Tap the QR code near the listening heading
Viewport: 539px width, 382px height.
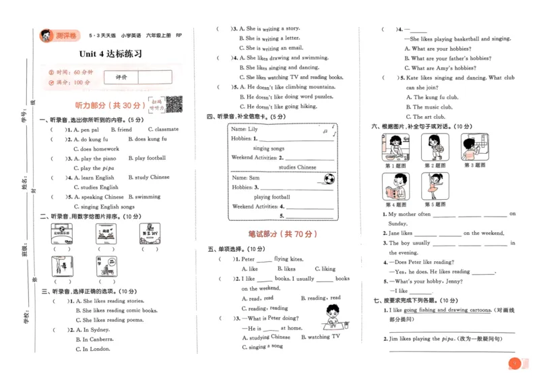[x=175, y=104]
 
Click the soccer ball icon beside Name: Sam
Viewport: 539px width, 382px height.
[x=329, y=180]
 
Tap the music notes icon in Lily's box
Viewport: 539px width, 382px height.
[x=327, y=130]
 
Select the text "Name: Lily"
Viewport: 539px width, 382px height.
[x=244, y=129]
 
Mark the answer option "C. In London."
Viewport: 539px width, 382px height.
[x=92, y=350]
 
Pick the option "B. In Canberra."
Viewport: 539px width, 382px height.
[x=96, y=339]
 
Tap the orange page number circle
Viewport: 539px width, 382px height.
[x=514, y=364]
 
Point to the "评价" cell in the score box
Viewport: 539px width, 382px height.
[x=121, y=78]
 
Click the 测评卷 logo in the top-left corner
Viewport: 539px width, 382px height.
[x=59, y=35]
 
